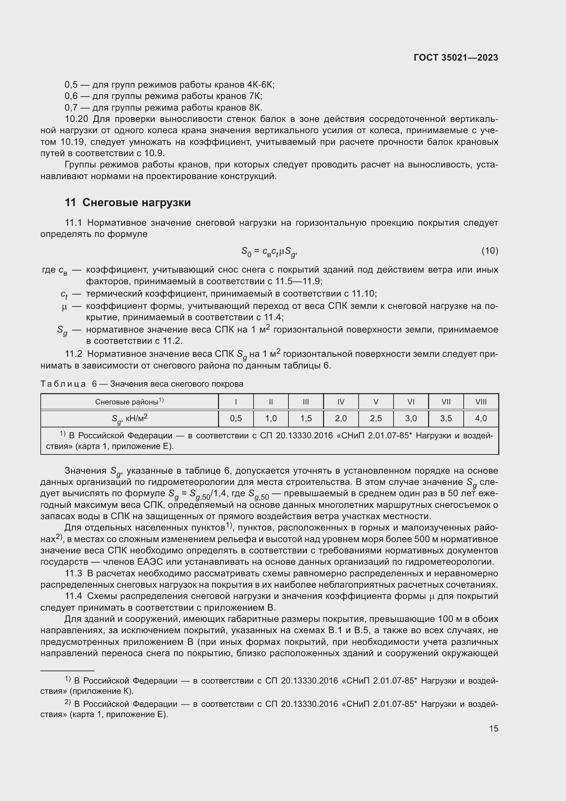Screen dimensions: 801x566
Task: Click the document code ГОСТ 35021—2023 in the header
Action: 455,58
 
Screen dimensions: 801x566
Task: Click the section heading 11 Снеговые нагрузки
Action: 128,203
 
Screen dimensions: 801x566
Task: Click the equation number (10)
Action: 490,251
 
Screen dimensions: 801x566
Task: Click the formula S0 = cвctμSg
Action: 269,252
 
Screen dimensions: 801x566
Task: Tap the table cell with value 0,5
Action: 236,418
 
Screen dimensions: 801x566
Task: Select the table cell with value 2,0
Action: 341,418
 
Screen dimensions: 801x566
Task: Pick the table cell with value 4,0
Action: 480,418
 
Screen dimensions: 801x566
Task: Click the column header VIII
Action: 480,402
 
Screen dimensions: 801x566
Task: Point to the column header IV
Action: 341,402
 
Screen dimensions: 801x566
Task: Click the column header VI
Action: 411,402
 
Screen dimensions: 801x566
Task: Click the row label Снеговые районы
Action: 129,402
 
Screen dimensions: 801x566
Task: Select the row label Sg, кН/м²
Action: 129,418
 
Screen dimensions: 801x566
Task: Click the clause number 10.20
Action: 77,119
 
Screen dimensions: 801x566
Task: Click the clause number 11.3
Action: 74,574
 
